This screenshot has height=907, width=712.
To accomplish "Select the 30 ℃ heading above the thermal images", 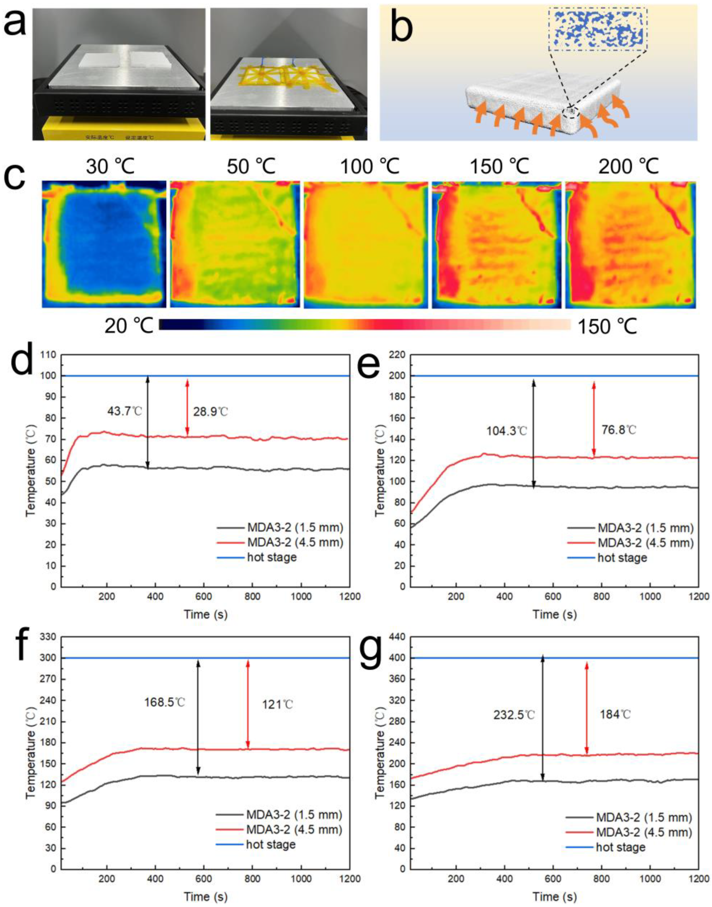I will click(110, 167).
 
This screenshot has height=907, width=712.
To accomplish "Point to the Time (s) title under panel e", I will click(554, 614).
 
